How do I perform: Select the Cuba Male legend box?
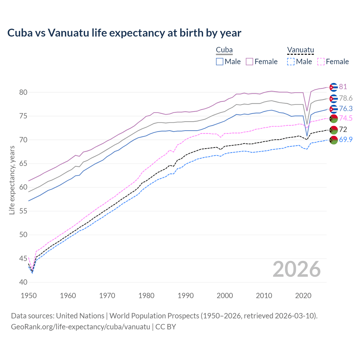[220, 62]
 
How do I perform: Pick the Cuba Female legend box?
[249, 62]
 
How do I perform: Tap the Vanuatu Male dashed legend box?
[291, 62]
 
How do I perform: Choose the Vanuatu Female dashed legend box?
[321, 62]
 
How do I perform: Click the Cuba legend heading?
[224, 50]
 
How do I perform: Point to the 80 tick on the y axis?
[23, 92]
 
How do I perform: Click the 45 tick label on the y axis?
[23, 258]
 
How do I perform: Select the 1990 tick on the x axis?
[186, 296]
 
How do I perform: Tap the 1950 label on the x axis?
[29, 296]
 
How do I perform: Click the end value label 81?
[343, 87]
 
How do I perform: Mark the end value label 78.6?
[346, 98]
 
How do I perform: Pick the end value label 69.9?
[346, 139]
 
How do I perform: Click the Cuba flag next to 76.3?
[334, 109]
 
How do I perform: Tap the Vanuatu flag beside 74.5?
[334, 118]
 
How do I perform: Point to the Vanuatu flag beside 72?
[334, 130]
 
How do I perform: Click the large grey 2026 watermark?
[296, 269]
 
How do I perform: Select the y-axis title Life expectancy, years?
[12, 180]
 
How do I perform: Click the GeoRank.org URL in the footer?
[80, 327]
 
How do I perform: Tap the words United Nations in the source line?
[80, 316]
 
